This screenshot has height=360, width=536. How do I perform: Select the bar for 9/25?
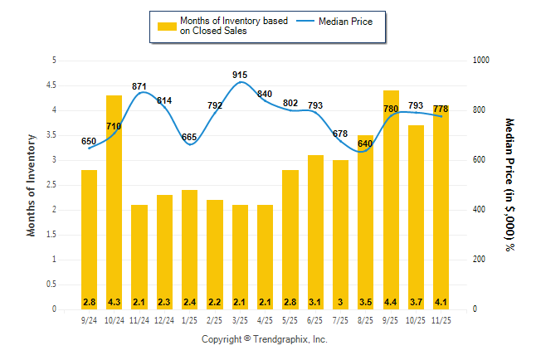point(391,200)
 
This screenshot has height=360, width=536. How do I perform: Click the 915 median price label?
point(240,75)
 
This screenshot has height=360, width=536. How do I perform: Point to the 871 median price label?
point(139,86)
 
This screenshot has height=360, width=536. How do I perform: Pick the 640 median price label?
point(366,144)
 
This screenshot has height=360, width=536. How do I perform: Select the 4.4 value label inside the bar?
point(391,301)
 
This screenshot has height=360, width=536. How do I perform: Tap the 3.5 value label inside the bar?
point(366,301)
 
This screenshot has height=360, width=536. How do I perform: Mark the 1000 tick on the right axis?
point(481,61)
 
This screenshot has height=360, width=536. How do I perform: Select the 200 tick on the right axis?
point(479,260)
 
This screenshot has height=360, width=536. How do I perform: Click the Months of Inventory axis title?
point(32,185)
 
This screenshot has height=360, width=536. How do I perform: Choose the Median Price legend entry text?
point(353,21)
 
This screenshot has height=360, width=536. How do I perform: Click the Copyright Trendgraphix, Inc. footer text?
point(265,340)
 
